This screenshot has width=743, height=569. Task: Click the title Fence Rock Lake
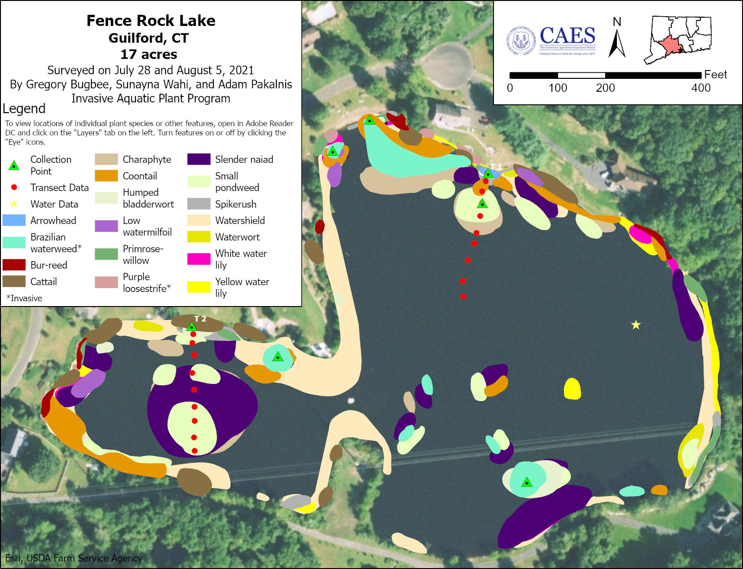coord(151,21)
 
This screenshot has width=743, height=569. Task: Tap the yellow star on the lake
coord(636,325)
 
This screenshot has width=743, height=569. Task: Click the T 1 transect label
coord(496,166)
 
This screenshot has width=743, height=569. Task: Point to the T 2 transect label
coord(200,319)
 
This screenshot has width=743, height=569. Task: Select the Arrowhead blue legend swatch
coord(14,220)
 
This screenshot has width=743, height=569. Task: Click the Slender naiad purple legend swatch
coord(199,160)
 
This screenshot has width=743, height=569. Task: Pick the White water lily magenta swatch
coord(199,259)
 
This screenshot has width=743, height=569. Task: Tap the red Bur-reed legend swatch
coord(14,265)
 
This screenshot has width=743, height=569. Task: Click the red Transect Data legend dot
coord(14,187)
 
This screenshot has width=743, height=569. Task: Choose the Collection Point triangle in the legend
coord(14,166)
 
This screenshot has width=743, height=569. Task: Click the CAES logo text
coord(567,36)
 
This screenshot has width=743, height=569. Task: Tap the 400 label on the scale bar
coord(701,88)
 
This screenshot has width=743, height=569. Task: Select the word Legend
coord(24,109)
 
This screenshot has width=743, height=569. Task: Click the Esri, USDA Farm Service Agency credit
coord(74,558)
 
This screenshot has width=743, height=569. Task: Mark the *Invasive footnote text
coord(24,298)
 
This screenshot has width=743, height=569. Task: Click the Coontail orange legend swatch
coord(106,176)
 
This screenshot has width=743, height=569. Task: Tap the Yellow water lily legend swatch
coord(199,287)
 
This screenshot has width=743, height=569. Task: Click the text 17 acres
coord(149,54)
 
